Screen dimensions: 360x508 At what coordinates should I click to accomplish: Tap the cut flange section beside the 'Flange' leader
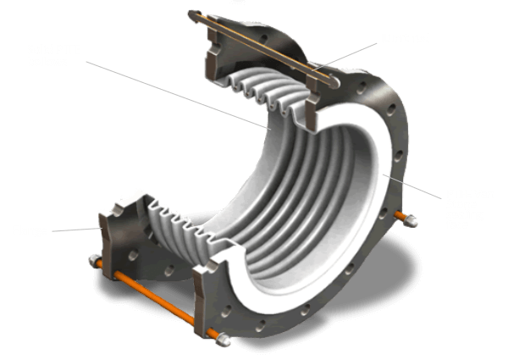pyautogui.click(x=114, y=229)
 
